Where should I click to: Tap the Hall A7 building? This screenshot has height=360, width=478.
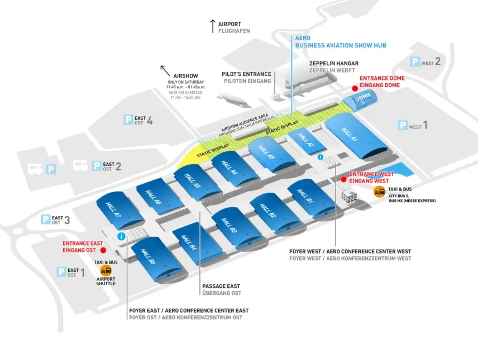pyautogui.click(x=118, y=207)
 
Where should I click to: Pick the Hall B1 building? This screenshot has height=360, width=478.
pyautogui.click(x=309, y=196)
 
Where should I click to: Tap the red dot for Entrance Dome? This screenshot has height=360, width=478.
pyautogui.click(x=353, y=88)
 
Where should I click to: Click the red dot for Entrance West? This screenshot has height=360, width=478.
pyautogui.click(x=343, y=179)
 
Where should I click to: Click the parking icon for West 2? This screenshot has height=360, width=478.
pyautogui.click(x=415, y=62)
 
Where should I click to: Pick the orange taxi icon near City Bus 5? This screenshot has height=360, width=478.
pyautogui.click(x=379, y=193)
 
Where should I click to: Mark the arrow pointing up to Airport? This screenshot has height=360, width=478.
pyautogui.click(x=212, y=25)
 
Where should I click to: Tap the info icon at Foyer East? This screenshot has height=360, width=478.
pyautogui.click(x=121, y=237)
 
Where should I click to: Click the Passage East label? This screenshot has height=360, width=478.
pyautogui.click(x=222, y=289)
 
